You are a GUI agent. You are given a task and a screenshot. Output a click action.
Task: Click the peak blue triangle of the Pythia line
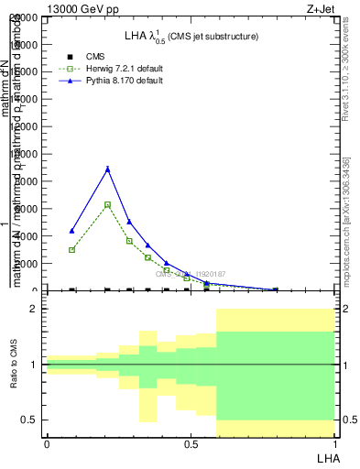108,169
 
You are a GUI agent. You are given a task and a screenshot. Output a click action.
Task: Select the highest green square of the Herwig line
108,204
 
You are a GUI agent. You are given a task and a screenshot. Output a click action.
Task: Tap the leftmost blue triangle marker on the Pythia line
71,231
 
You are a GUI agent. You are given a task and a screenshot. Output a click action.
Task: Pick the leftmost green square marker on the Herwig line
71,249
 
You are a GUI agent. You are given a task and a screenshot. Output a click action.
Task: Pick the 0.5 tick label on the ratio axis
29,420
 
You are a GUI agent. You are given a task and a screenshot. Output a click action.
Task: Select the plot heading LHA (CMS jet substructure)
191,37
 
